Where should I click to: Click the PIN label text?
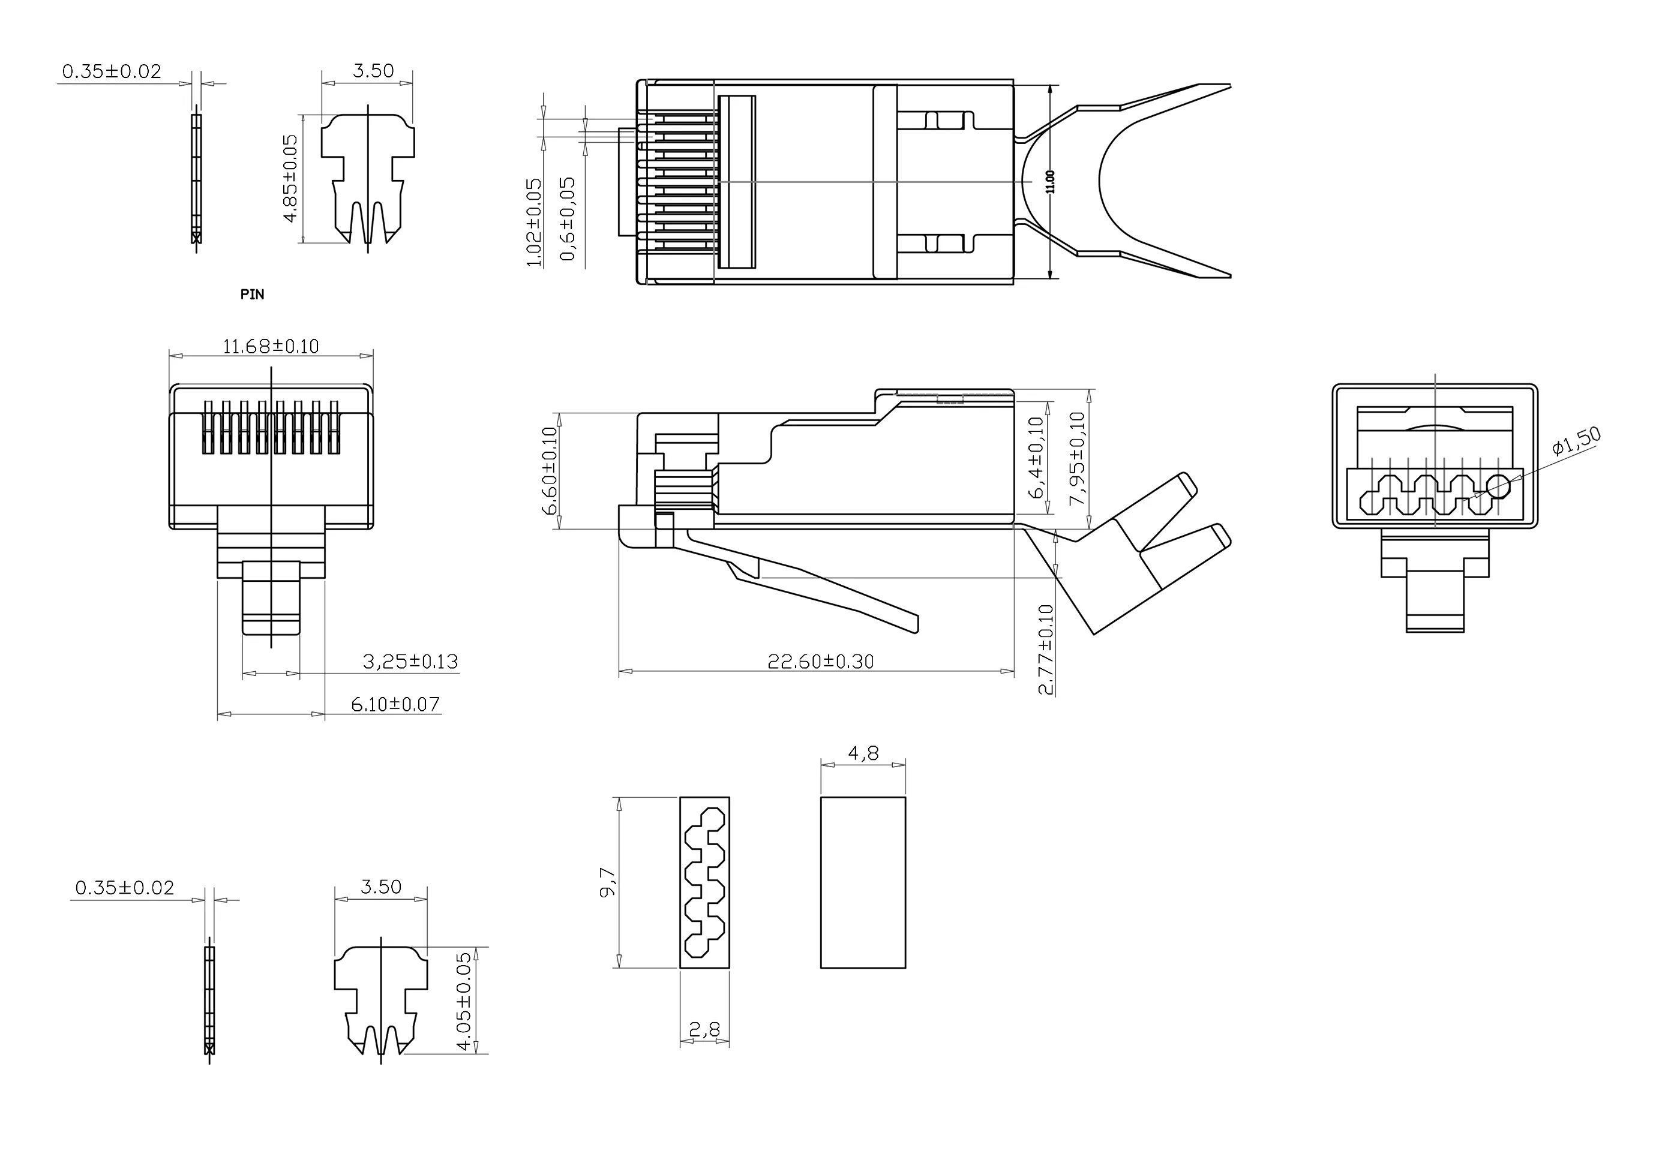pyautogui.click(x=252, y=294)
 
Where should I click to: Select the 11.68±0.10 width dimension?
pyautogui.click(x=271, y=345)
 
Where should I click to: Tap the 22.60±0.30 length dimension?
pyautogui.click(x=820, y=661)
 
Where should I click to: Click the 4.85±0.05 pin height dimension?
pyautogui.click(x=290, y=178)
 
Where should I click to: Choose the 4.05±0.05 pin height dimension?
pyautogui.click(x=463, y=1000)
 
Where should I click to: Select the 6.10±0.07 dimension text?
pyautogui.click(x=395, y=704)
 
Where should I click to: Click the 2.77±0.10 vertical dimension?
pyautogui.click(x=1046, y=650)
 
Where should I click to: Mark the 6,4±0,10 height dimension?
pyautogui.click(x=1036, y=458)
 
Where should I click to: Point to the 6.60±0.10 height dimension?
pyautogui.click(x=550, y=471)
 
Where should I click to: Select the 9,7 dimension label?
pyautogui.click(x=608, y=882)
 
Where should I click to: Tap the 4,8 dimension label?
pyautogui.click(x=863, y=753)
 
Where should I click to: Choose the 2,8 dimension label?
pyautogui.click(x=704, y=1029)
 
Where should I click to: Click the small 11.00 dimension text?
pyautogui.click(x=1051, y=181)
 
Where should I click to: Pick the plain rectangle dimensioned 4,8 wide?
pyautogui.click(x=862, y=882)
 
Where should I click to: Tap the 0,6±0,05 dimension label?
pyautogui.click(x=568, y=219)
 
